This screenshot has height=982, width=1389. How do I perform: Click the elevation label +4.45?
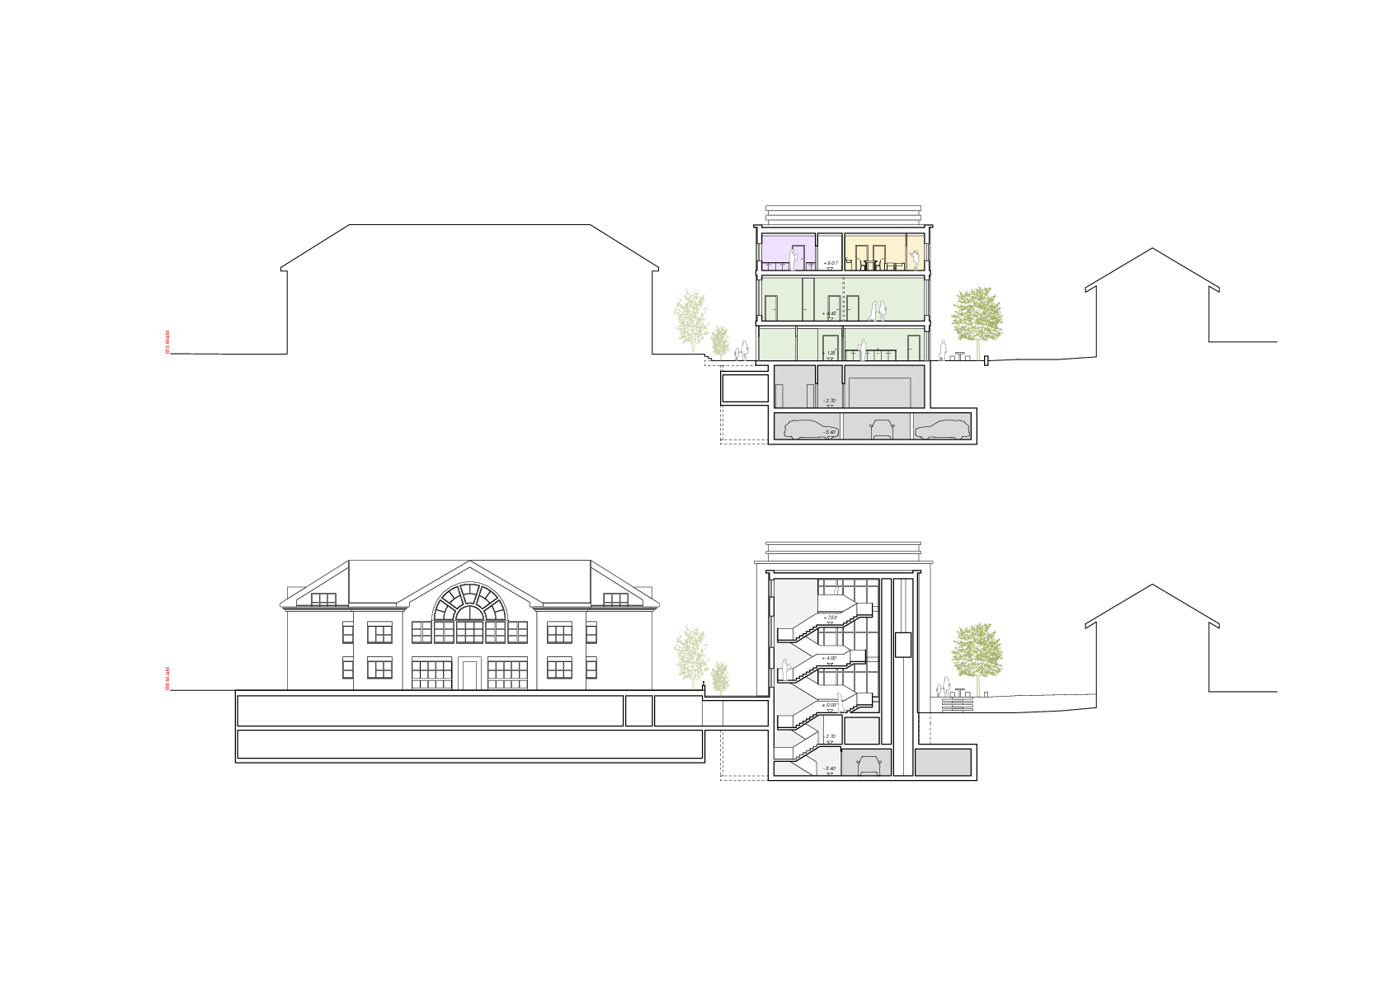click(x=830, y=313)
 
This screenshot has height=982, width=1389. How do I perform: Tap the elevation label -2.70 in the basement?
click(x=829, y=401)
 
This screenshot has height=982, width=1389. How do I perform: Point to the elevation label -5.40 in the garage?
click(x=829, y=432)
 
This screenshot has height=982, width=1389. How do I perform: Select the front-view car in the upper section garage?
click(x=882, y=429)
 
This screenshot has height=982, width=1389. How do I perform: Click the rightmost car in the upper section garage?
click(x=942, y=429)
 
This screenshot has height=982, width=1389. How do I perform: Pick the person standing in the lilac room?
click(x=794, y=259)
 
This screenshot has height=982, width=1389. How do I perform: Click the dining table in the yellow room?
click(x=870, y=264)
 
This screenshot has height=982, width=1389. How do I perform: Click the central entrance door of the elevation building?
click(x=470, y=674)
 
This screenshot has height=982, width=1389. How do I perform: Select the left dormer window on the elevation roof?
click(x=323, y=599)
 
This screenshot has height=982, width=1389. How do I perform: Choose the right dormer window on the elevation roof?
click(x=616, y=599)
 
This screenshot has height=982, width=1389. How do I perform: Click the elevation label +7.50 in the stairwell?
click(x=830, y=618)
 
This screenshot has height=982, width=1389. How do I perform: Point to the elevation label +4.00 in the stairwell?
click(x=829, y=658)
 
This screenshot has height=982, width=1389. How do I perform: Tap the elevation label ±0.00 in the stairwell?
click(x=829, y=705)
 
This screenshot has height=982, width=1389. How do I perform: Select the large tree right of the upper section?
click(x=977, y=317)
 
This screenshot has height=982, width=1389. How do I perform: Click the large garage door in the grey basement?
click(x=879, y=392)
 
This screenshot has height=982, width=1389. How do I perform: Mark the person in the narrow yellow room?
click(x=915, y=258)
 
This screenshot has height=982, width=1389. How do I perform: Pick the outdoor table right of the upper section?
click(x=960, y=355)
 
